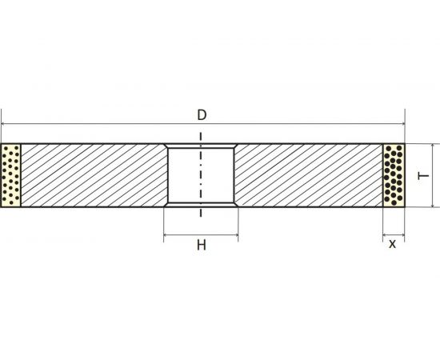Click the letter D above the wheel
[x=202, y=114]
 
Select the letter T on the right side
[x=426, y=175]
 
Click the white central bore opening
[x=201, y=176]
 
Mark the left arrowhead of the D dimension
[x=5, y=124]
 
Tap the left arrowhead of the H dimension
[x=166, y=236]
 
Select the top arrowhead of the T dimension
[x=437, y=147]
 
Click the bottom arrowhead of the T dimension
[x=437, y=203]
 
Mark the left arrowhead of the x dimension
[x=386, y=236]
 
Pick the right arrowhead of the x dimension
[x=401, y=236]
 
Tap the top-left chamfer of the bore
[x=166, y=147]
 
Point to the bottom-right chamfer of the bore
[x=235, y=206]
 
